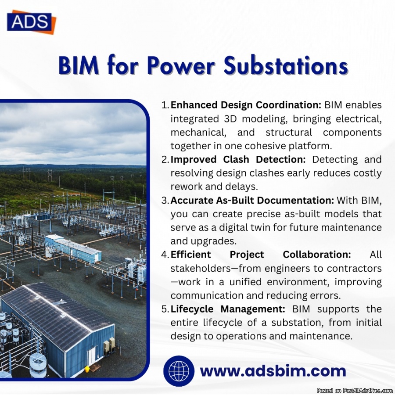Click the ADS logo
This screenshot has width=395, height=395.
coord(31,22)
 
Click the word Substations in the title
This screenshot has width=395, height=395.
coord(286,65)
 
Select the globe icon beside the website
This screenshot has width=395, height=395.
coord(179,371)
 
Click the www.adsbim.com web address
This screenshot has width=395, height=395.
coord(273,371)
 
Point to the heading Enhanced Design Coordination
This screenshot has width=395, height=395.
coord(246,105)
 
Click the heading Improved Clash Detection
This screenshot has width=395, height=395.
coord(238,159)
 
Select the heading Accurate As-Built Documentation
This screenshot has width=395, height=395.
coord(252,200)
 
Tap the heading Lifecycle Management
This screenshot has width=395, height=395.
coord(228,309)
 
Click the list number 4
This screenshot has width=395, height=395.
coord(165,255)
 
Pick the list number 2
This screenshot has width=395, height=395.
coord(165,159)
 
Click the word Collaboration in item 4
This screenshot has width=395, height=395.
coord(317,255)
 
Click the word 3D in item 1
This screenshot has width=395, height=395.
coord(230,118)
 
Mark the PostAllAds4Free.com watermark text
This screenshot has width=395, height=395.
coord(355,391)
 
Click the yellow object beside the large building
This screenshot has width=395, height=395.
coord(87,369)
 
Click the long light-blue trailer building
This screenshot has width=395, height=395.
coord(73,248)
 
